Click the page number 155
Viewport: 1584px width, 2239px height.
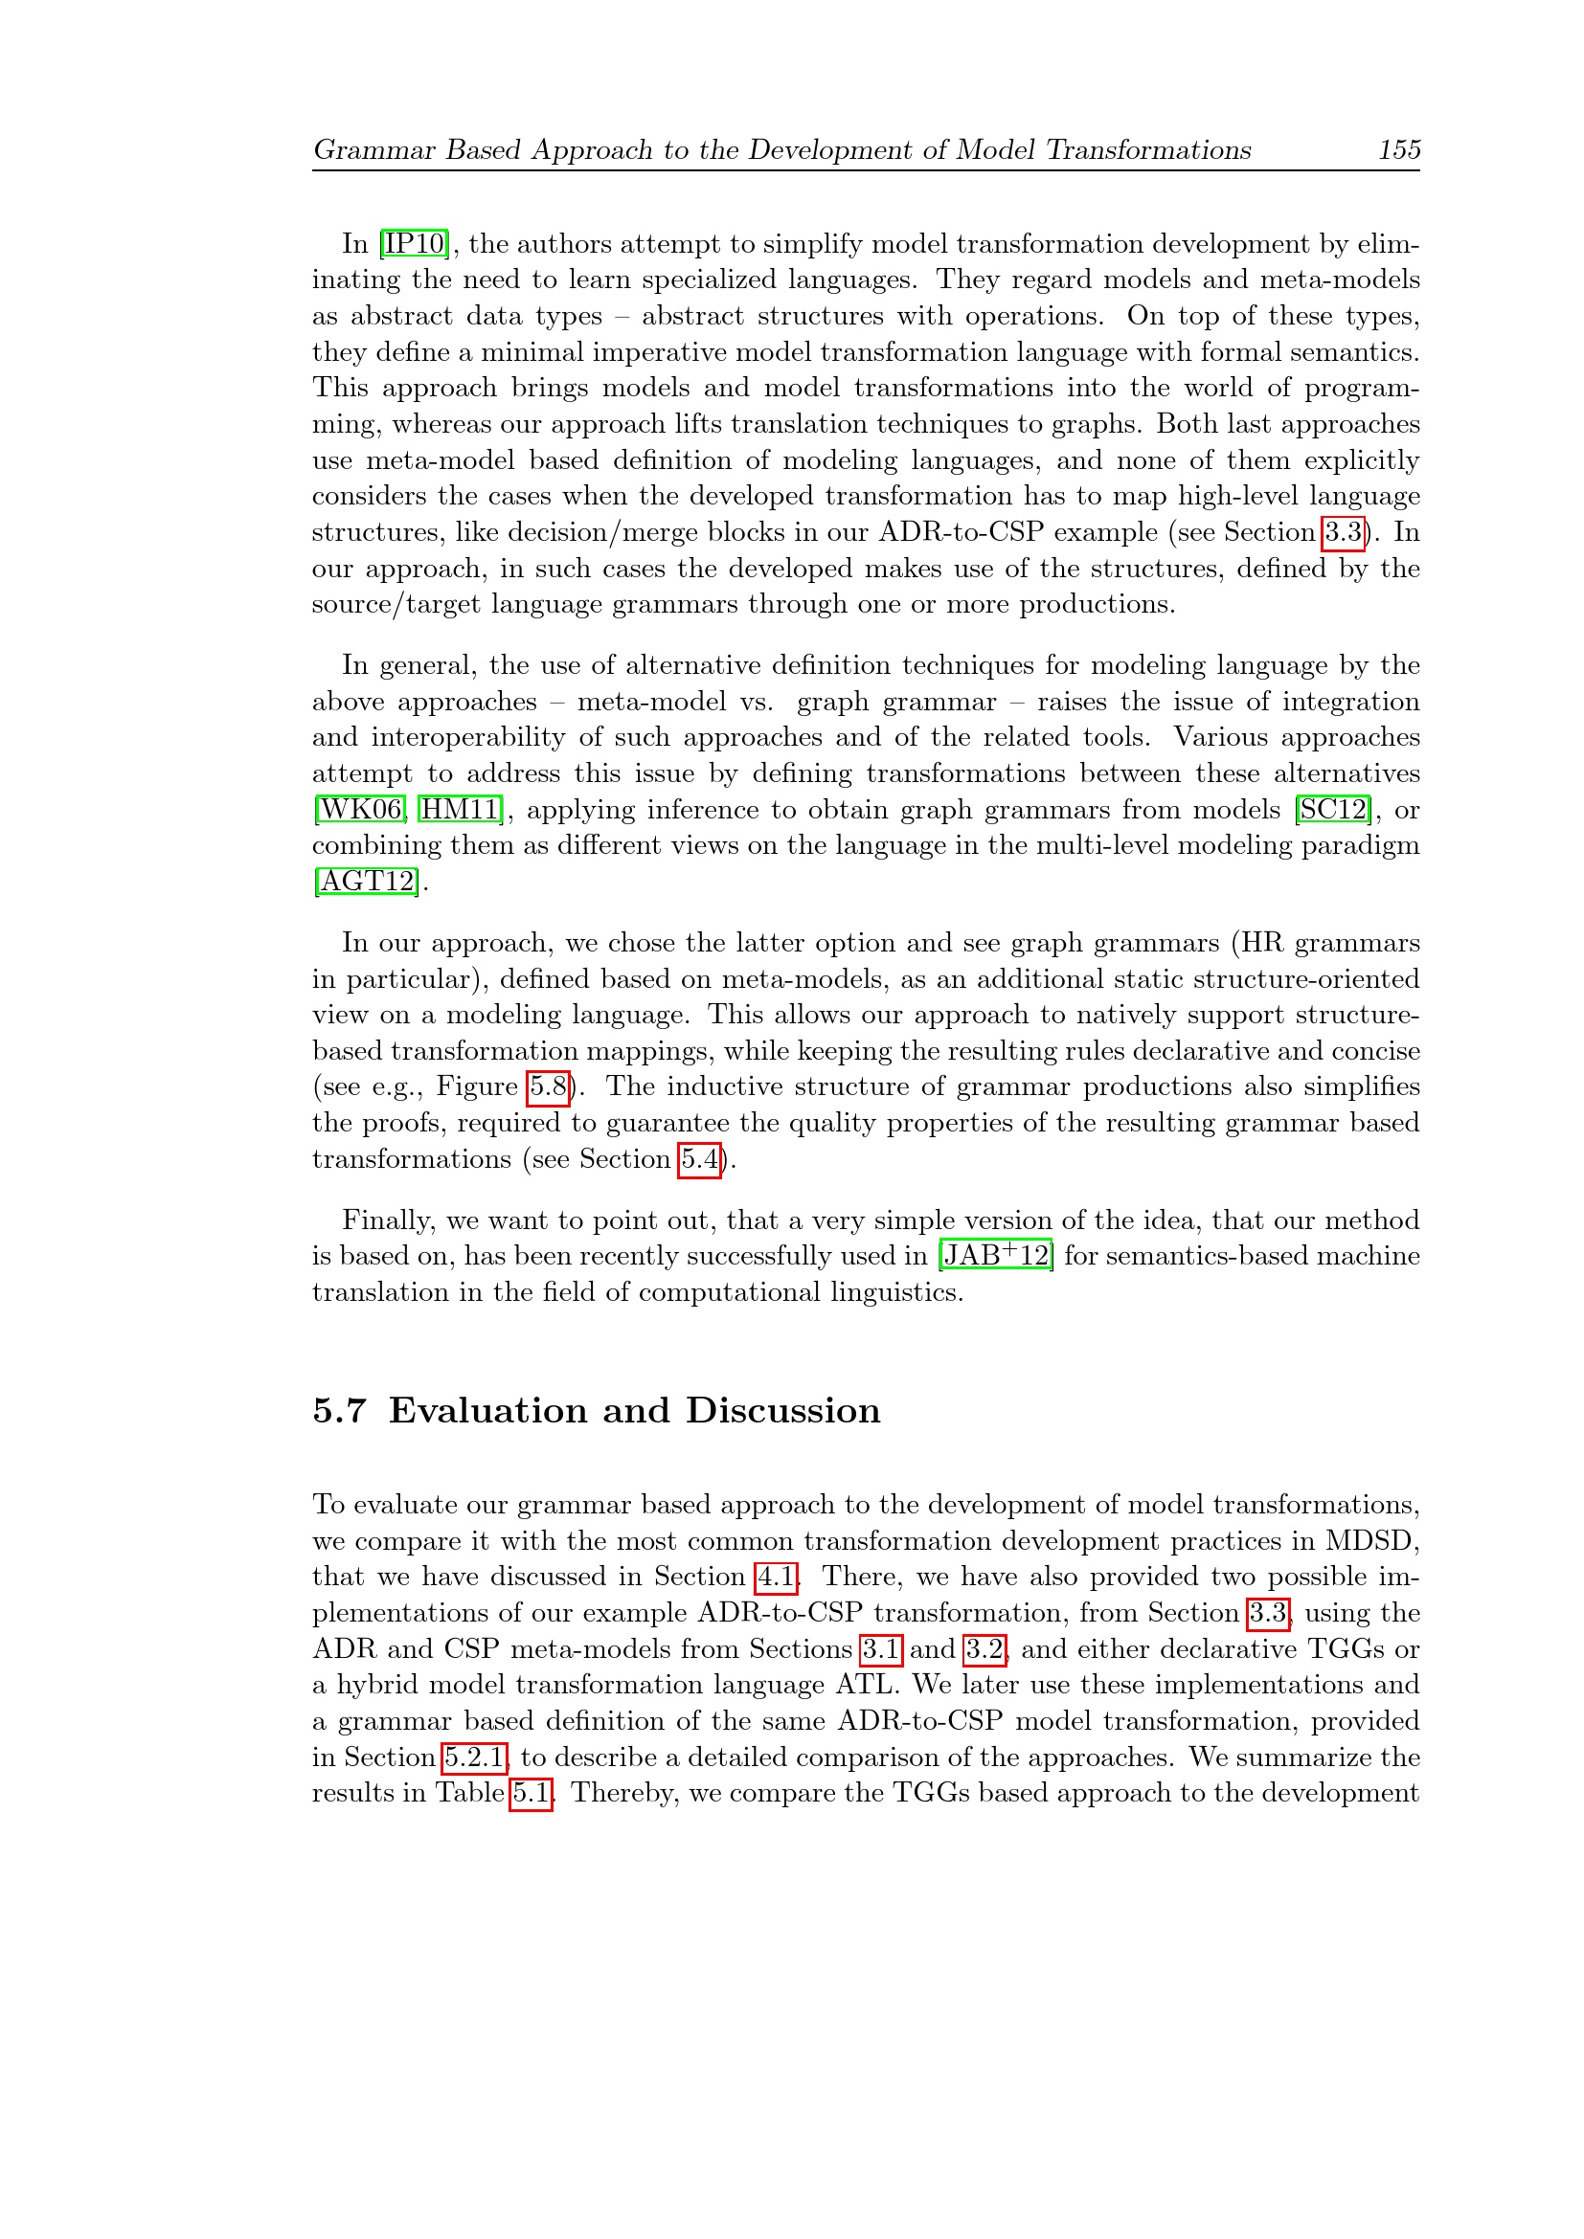point(1398,150)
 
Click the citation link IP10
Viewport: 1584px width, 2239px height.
point(416,244)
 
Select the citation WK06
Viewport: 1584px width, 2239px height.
point(361,810)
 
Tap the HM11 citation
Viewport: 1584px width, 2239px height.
point(460,810)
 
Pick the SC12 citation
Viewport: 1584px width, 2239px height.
point(1334,810)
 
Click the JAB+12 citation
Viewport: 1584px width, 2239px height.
point(996,1256)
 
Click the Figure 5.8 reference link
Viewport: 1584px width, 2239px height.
point(548,1086)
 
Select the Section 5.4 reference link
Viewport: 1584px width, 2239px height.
point(700,1159)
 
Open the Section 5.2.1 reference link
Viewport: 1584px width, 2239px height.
point(475,1758)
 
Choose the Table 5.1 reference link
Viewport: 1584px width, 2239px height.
point(531,1793)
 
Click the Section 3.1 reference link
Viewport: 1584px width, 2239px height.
point(881,1649)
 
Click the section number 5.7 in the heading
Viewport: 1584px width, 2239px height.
point(339,1411)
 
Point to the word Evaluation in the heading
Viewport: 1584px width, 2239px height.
point(487,1411)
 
